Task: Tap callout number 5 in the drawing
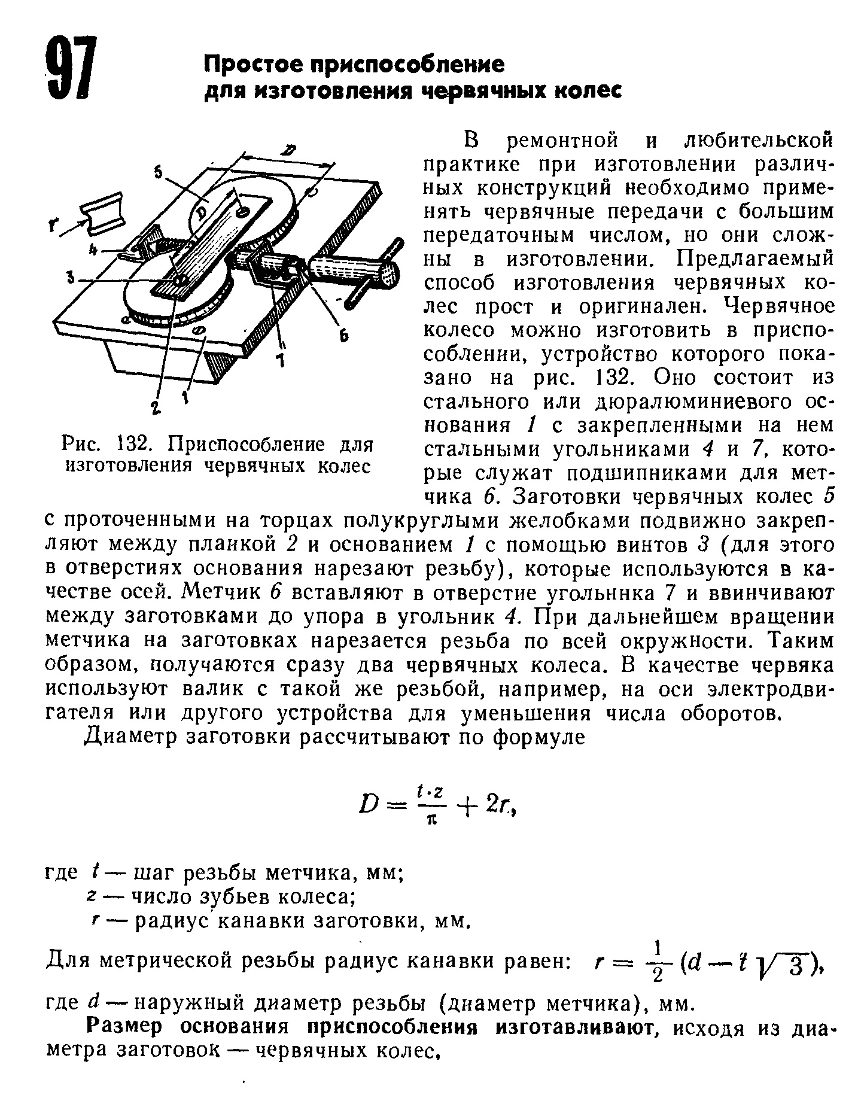click(157, 172)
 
